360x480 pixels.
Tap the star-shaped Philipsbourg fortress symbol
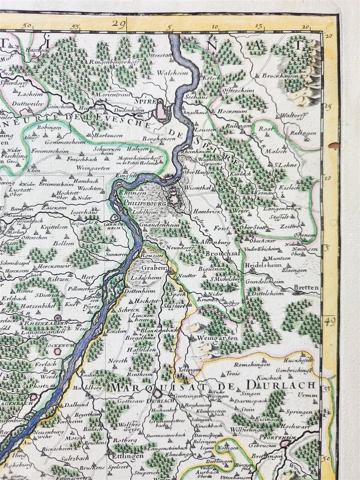click(174, 192)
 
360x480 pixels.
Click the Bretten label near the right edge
click(306, 288)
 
